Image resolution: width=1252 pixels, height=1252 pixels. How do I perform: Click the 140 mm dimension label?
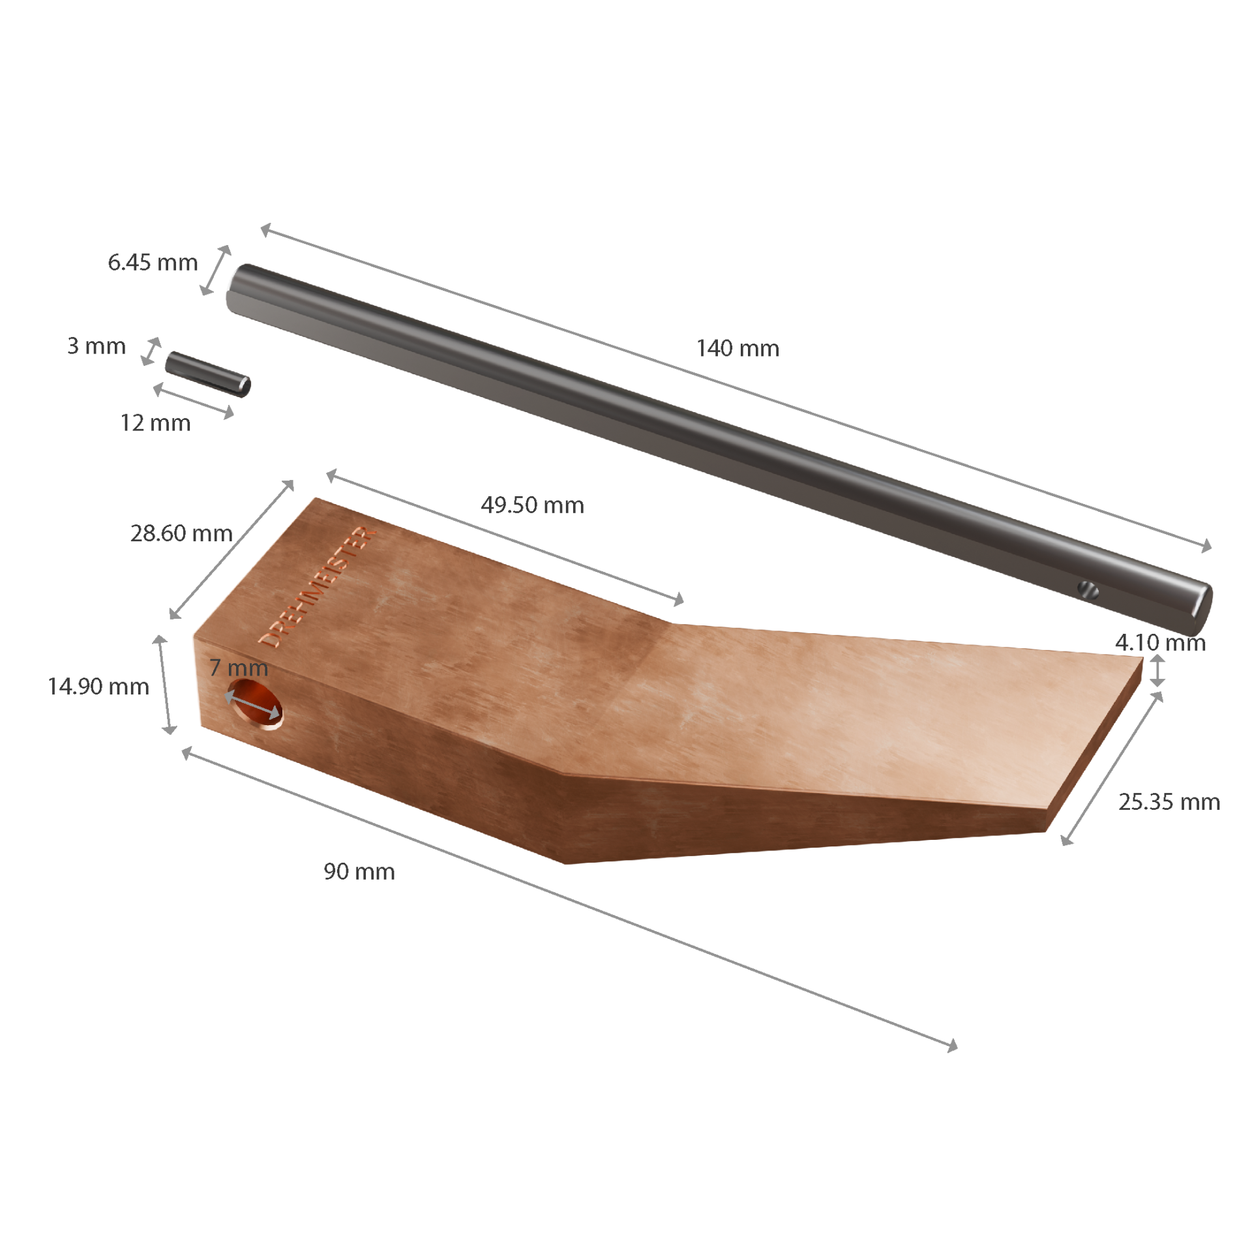[738, 348]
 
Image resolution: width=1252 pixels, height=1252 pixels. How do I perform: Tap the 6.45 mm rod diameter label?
[153, 262]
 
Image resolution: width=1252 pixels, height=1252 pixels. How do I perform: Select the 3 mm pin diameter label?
[97, 346]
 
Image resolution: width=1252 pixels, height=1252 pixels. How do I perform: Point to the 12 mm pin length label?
[155, 423]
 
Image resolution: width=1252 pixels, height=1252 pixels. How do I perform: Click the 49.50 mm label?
[532, 505]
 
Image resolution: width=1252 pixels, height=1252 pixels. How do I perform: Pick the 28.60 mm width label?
[181, 533]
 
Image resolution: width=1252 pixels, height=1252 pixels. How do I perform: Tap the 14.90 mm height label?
[98, 686]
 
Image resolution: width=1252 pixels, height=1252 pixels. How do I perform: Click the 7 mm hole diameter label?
[239, 667]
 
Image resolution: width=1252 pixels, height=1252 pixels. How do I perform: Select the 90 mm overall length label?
[359, 871]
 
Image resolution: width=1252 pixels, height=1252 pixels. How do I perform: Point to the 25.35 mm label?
[1169, 801]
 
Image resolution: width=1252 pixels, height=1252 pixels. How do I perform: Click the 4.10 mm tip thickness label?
[1160, 642]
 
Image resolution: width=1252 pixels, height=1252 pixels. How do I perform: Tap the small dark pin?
[207, 374]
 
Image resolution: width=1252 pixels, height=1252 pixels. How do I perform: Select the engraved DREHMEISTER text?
[318, 587]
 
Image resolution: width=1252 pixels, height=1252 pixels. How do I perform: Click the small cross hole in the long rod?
[1089, 591]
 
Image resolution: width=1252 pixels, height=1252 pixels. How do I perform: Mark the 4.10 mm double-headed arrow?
[1157, 670]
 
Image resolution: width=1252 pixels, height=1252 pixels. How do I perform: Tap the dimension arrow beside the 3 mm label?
[151, 351]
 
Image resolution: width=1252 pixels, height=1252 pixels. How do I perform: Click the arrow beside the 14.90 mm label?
[164, 685]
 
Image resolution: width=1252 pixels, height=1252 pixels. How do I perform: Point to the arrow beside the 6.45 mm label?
[216, 270]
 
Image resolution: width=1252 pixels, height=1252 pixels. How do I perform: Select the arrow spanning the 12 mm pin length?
[194, 400]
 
